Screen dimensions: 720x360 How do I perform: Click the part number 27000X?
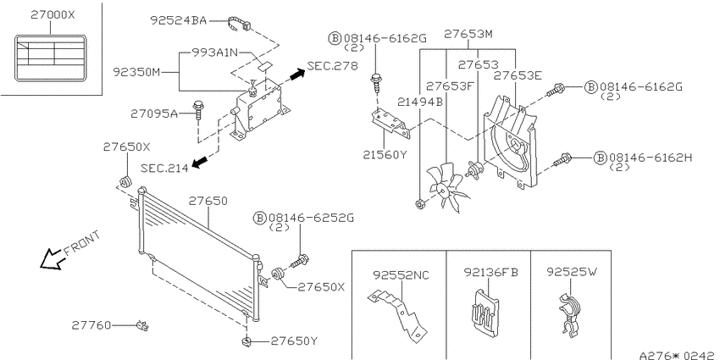[53, 14]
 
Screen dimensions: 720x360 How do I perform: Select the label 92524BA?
[179, 20]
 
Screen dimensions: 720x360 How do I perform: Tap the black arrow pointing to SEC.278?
[297, 73]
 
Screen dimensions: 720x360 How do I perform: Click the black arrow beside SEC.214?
[200, 161]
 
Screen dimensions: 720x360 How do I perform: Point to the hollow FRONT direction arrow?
[52, 259]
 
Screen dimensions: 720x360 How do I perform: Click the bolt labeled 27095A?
[198, 110]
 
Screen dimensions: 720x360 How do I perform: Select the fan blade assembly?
[446, 187]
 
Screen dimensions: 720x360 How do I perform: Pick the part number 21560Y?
[385, 155]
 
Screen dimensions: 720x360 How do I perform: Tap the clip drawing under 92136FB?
[484, 310]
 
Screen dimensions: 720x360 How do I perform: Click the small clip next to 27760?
[143, 326]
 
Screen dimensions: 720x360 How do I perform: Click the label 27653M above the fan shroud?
[468, 34]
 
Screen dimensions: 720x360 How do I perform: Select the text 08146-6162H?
[651, 158]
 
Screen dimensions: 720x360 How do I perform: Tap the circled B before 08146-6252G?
[260, 218]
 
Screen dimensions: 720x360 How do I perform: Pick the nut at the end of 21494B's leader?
[418, 204]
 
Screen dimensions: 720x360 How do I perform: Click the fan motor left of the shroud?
[473, 169]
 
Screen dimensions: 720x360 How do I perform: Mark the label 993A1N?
[209, 53]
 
